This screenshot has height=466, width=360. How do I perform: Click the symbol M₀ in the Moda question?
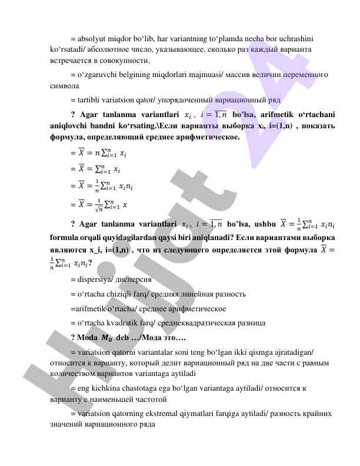click(106, 338)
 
